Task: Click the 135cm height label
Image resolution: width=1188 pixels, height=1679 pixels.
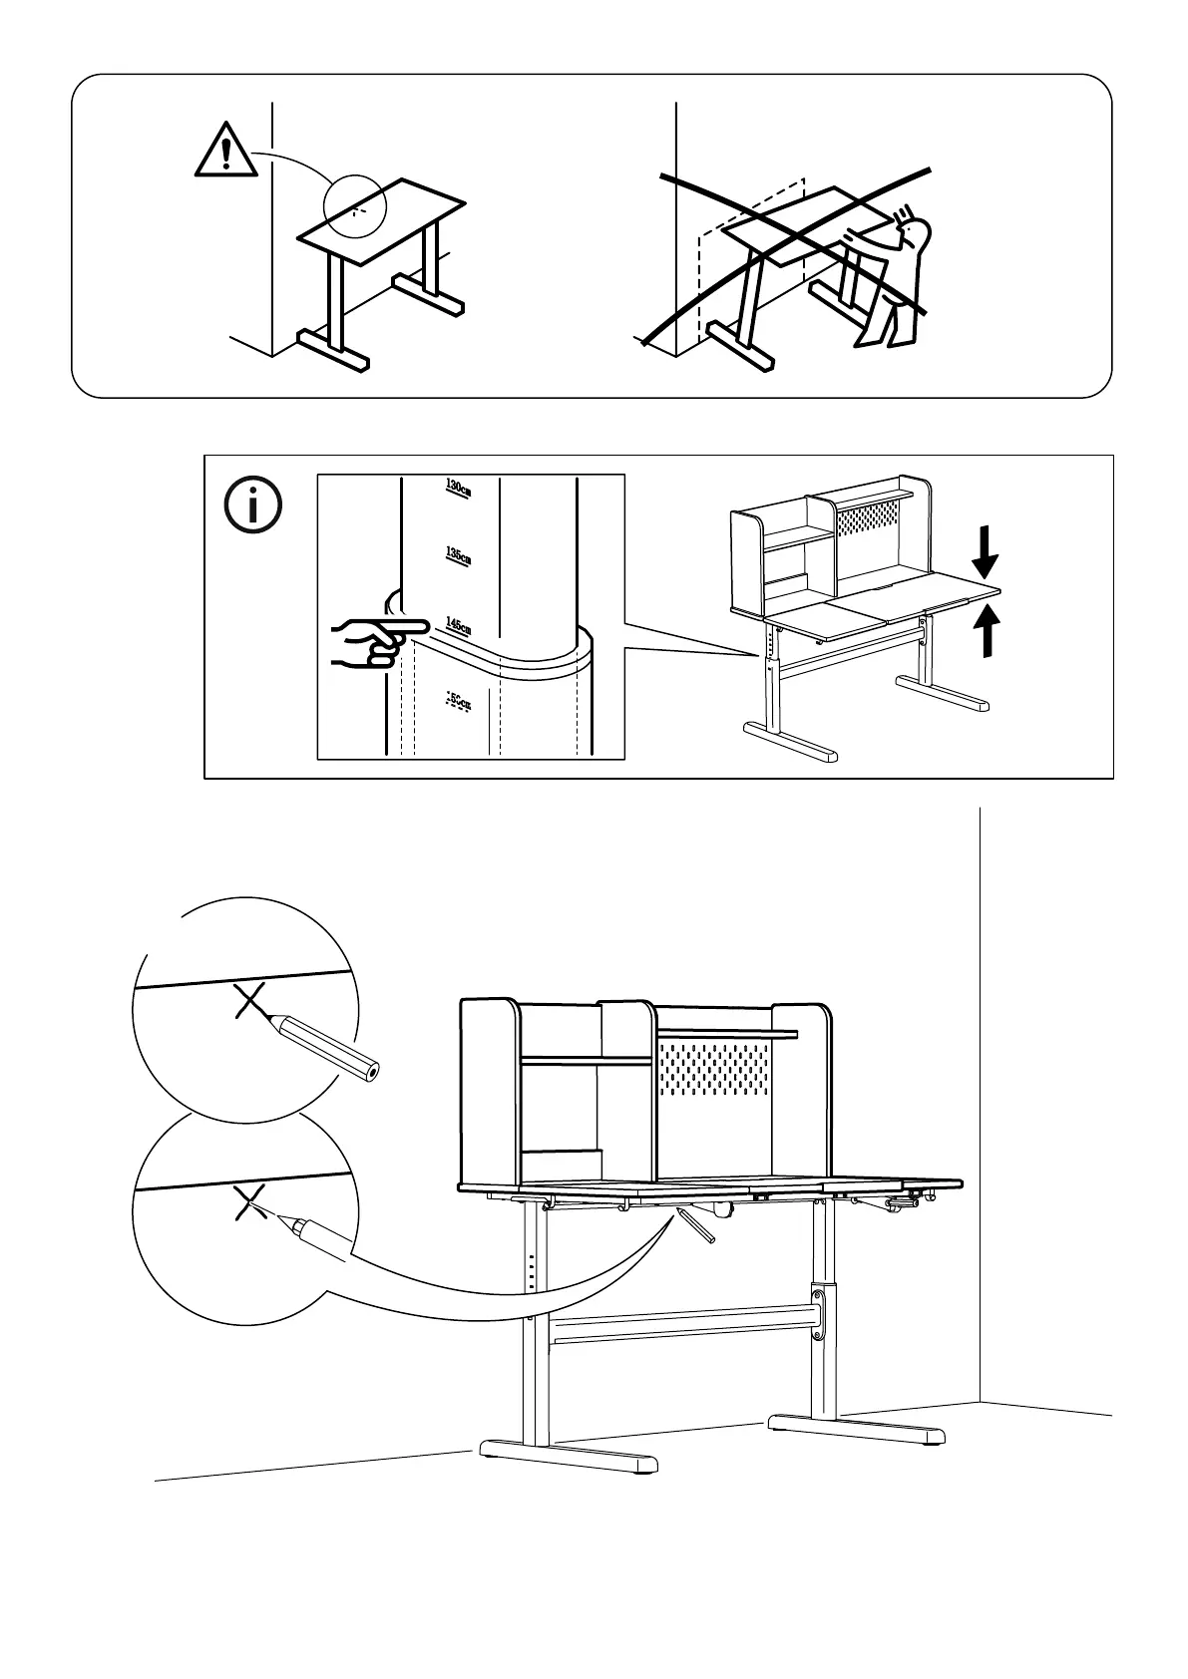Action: pyautogui.click(x=458, y=554)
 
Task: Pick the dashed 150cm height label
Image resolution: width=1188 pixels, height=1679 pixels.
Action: pyautogui.click(x=457, y=701)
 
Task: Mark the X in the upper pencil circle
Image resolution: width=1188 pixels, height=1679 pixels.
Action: pyautogui.click(x=248, y=1000)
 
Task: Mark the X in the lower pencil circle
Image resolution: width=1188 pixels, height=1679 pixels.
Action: pyautogui.click(x=247, y=1203)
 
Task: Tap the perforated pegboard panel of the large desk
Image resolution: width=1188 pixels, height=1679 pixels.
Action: pyautogui.click(x=716, y=1076)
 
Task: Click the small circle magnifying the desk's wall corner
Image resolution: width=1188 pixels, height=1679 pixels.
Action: pyautogui.click(x=355, y=207)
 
